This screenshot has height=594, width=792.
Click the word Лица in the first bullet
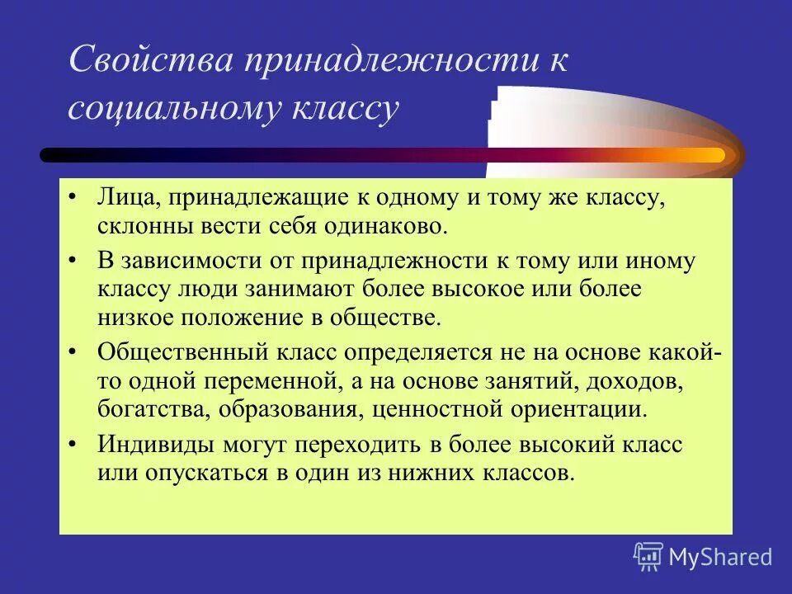coord(122,198)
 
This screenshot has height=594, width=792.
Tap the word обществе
coord(389,316)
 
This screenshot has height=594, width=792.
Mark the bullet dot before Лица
coord(73,199)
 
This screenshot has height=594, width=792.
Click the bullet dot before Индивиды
coord(73,445)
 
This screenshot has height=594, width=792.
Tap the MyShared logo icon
coord(648,556)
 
